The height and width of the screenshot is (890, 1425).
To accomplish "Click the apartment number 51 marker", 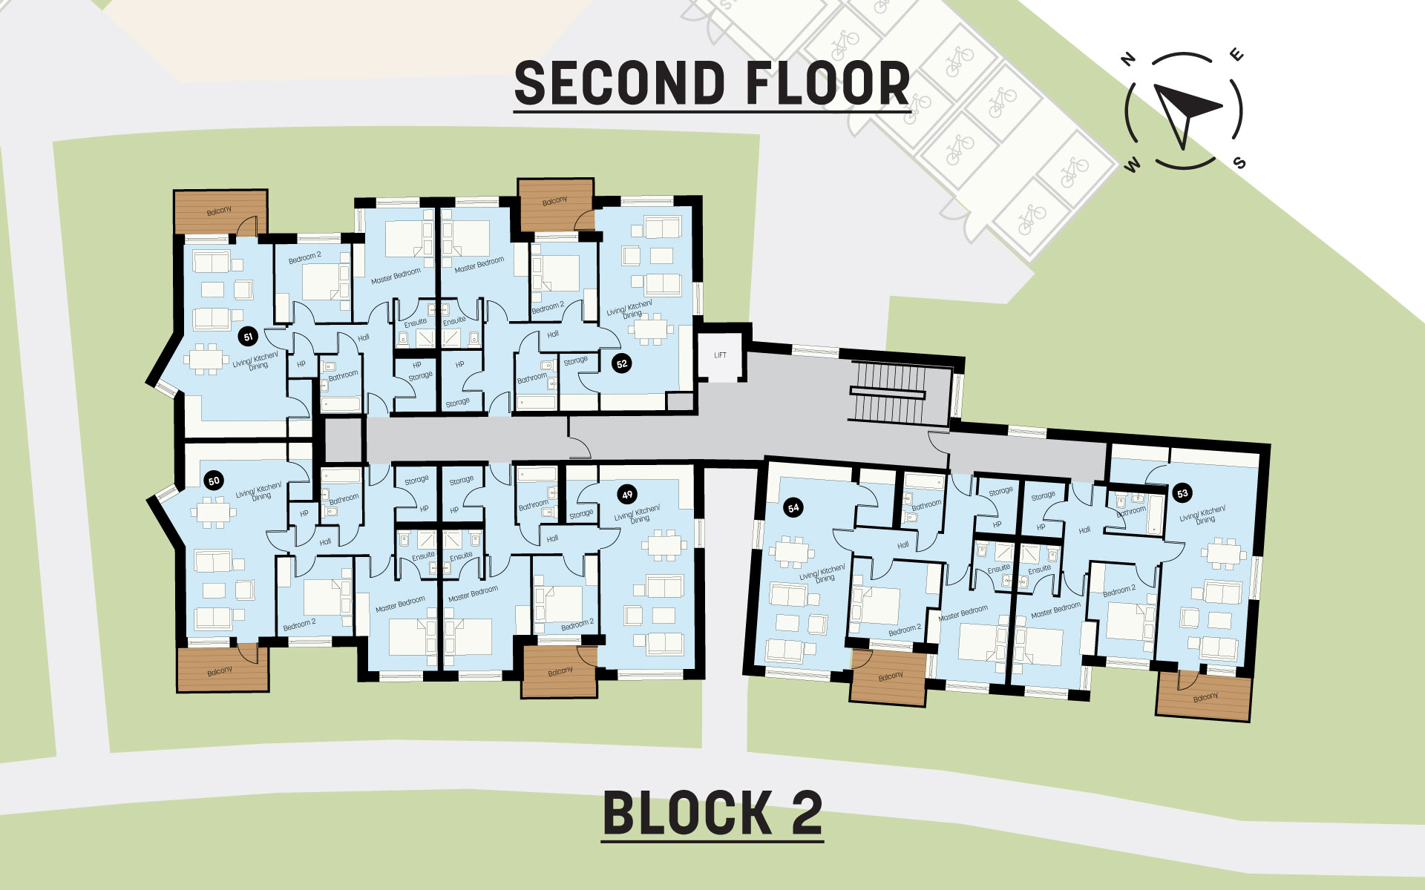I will (248, 337).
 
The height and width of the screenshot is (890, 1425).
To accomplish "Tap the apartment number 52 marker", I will (622, 363).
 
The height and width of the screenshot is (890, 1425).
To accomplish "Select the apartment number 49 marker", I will (627, 495).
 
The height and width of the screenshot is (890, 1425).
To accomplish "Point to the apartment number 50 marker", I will (214, 481).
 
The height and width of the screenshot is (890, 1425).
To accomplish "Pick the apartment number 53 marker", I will (1182, 493).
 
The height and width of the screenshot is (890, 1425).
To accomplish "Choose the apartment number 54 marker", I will (793, 508).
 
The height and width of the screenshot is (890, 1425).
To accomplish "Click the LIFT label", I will (720, 355).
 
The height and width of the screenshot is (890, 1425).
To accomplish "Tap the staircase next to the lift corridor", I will (888, 392).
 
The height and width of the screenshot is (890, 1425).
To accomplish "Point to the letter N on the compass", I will (1129, 59).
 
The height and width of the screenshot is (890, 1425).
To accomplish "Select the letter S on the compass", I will (1239, 162).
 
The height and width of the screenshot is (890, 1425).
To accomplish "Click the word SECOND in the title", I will (619, 83).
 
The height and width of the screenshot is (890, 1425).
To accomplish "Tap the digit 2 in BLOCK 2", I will (806, 814).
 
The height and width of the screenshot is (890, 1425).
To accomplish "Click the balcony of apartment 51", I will (220, 212).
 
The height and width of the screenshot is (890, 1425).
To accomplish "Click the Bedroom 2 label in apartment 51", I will (304, 257).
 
